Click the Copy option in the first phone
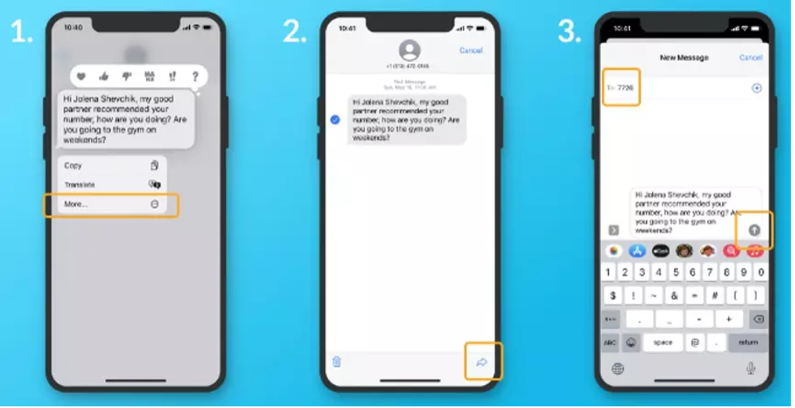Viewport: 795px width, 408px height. click(x=73, y=165)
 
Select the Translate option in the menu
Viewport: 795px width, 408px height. click(x=80, y=184)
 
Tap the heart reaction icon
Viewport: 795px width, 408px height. click(x=81, y=76)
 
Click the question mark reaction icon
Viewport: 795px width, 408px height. click(x=195, y=76)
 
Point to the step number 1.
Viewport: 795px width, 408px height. click(x=21, y=31)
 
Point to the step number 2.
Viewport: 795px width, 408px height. click(x=295, y=31)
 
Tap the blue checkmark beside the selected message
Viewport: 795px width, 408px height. click(x=335, y=119)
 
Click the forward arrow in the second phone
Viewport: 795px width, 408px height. click(x=482, y=362)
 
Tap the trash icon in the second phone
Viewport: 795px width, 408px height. click(x=337, y=362)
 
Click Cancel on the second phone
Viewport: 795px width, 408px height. click(x=471, y=50)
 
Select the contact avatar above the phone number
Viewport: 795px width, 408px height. click(x=410, y=50)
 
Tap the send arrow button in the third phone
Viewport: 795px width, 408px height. click(x=754, y=230)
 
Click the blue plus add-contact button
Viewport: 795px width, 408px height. click(x=757, y=88)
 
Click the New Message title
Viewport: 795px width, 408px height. click(x=684, y=58)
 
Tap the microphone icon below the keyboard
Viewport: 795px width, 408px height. click(x=751, y=368)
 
